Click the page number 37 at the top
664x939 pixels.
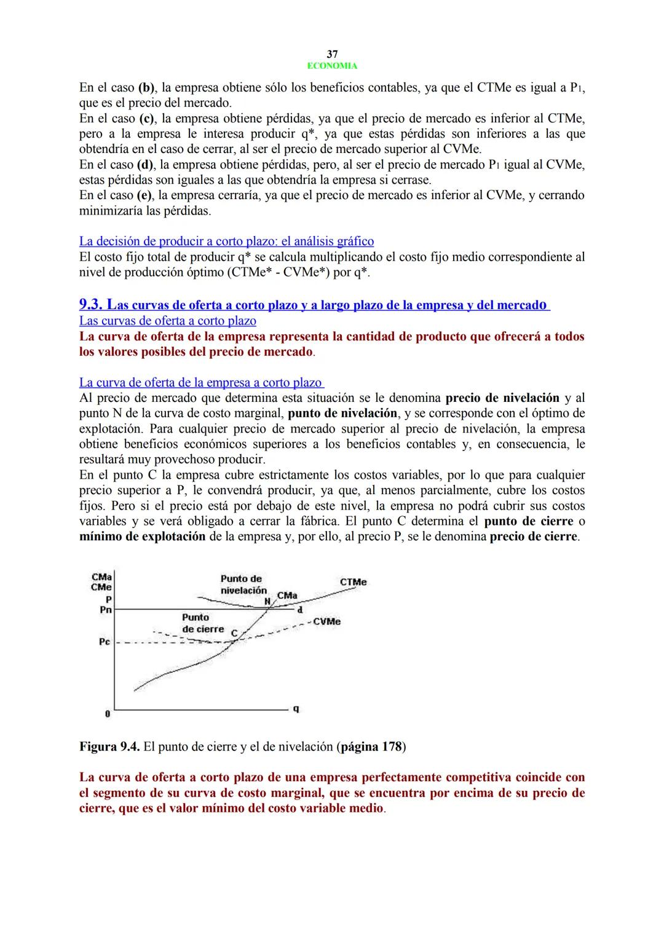pyautogui.click(x=332, y=54)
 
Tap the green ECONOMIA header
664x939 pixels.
pyautogui.click(x=332, y=66)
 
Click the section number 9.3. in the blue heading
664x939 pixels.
pyautogui.click(x=92, y=305)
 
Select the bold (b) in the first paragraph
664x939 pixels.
pyautogui.click(x=146, y=87)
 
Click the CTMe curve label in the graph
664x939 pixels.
pyautogui.click(x=353, y=582)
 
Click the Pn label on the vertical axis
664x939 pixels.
pyautogui.click(x=105, y=610)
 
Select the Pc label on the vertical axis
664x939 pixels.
pyautogui.click(x=104, y=642)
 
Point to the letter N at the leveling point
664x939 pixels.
pyautogui.click(x=267, y=600)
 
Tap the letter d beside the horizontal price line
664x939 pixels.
pyautogui.click(x=299, y=610)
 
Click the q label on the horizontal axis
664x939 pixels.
pyautogui.click(x=296, y=709)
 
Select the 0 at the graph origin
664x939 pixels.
pyautogui.click(x=107, y=714)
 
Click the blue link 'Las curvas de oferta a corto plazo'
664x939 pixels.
pyautogui.click(x=167, y=321)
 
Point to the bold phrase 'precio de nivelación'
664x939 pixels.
pyautogui.click(x=502, y=398)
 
